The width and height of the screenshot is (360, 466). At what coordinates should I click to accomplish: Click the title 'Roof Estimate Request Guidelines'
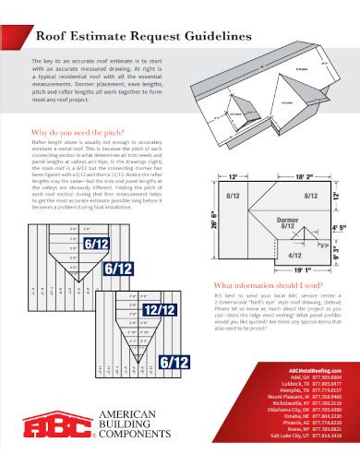pos(142,37)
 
